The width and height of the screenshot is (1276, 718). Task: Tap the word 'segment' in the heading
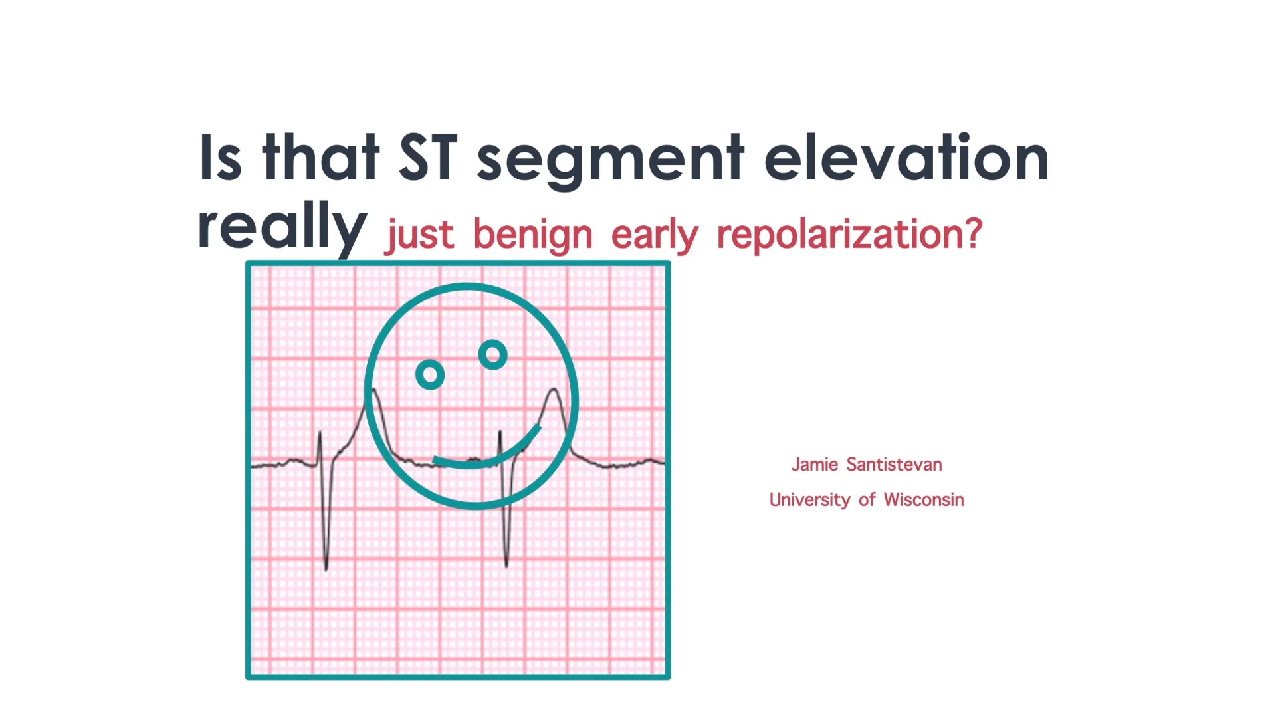click(x=611, y=162)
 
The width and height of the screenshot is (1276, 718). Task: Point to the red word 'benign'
click(x=532, y=235)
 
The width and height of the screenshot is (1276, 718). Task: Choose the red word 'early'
click(x=655, y=235)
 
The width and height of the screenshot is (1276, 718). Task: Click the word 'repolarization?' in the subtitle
click(x=849, y=235)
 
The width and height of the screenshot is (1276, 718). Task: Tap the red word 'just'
click(x=421, y=235)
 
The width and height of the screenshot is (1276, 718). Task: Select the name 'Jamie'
click(x=815, y=464)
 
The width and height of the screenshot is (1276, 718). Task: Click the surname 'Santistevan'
click(x=894, y=464)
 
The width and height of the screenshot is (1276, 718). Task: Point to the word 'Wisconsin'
click(x=924, y=499)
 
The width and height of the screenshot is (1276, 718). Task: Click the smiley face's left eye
click(x=430, y=375)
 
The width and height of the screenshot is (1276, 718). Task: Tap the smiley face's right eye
click(x=493, y=354)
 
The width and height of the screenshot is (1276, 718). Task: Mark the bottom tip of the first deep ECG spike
click(x=326, y=570)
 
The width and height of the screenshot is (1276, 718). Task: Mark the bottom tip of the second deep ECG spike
click(x=506, y=566)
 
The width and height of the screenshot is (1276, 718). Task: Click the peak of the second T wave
click(x=554, y=389)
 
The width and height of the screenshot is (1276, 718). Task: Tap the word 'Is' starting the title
click(x=220, y=158)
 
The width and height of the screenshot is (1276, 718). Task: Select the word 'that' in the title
click(x=321, y=157)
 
